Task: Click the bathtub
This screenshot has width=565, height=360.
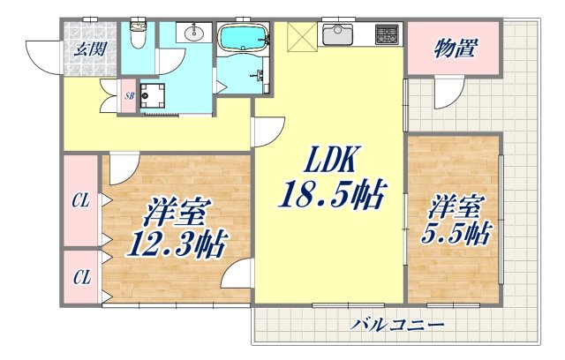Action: point(242,40)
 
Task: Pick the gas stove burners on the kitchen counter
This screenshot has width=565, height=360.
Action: point(387,35)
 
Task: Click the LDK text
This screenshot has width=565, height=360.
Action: point(328,161)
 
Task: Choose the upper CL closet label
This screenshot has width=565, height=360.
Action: point(81,201)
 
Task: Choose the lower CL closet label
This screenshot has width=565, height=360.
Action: point(81,278)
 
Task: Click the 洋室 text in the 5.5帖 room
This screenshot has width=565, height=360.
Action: point(457,208)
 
